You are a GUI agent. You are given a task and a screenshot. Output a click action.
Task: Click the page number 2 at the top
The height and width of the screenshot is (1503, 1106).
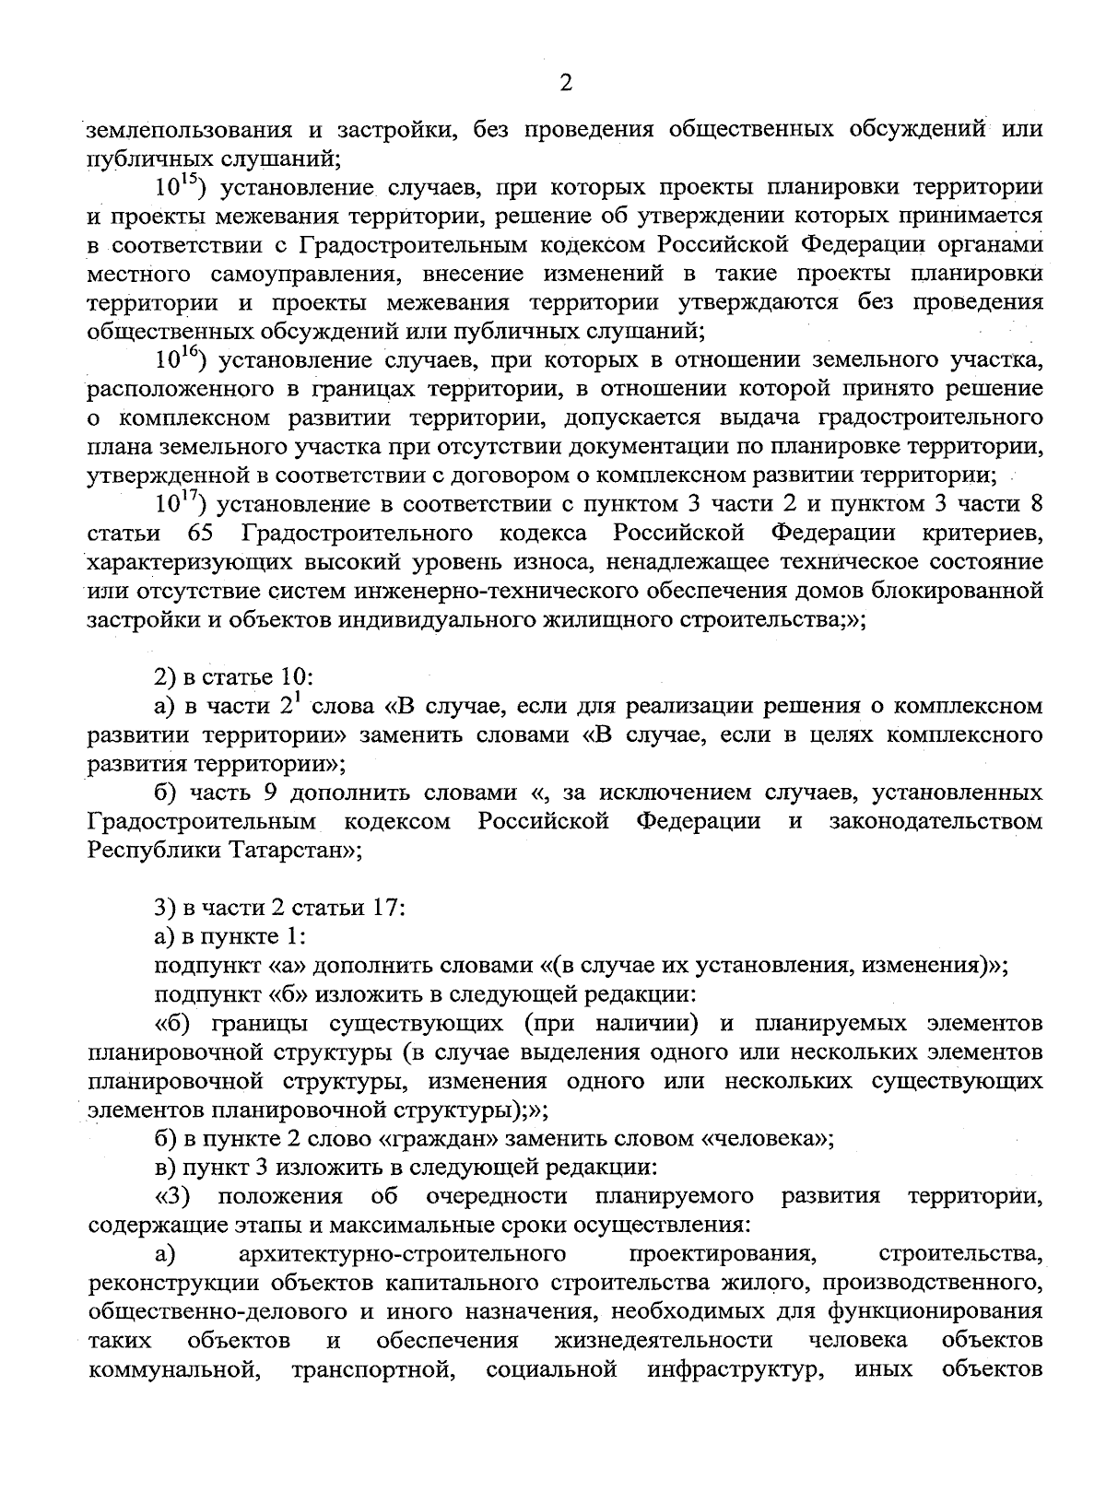(566, 83)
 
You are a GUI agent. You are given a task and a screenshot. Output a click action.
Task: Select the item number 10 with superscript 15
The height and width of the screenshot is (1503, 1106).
(178, 187)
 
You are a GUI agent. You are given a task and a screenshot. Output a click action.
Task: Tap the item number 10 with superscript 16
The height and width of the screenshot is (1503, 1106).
(178, 359)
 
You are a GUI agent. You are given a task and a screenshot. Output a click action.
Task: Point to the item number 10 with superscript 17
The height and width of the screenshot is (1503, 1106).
(178, 503)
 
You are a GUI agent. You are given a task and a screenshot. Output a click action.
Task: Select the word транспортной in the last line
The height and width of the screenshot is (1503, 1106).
(375, 1369)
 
